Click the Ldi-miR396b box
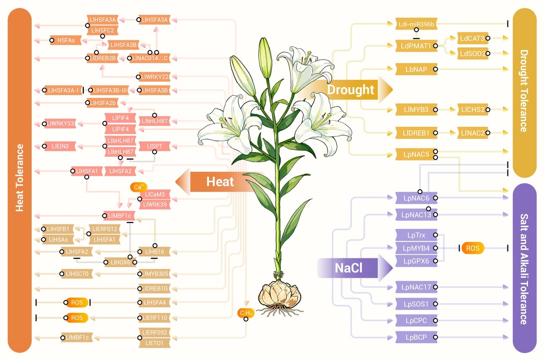pyautogui.click(x=416, y=24)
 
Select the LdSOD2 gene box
pyautogui.click(x=473, y=53)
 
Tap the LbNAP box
pyautogui.click(x=416, y=69)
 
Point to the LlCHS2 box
pyautogui.click(x=473, y=110)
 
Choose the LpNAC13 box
pyautogui.click(x=416, y=214)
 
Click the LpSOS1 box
pyautogui.click(x=416, y=304)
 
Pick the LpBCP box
pyautogui.click(x=416, y=337)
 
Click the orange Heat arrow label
pyautogui.click(x=217, y=182)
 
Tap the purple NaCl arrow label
pyautogui.click(x=354, y=268)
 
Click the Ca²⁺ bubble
pyautogui.click(x=139, y=187)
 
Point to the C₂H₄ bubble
pyautogui.click(x=246, y=313)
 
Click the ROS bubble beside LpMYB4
pyautogui.click(x=473, y=248)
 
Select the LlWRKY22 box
pyautogui.click(x=155, y=77)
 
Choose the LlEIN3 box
pyautogui.click(x=60, y=146)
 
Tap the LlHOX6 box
pyautogui.click(x=120, y=262)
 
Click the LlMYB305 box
pyautogui.click(x=155, y=273)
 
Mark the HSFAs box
pyautogui.click(x=66, y=40)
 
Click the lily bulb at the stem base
pyautogui.click(x=279, y=295)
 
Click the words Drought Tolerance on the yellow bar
pyautogui.click(x=524, y=91)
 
